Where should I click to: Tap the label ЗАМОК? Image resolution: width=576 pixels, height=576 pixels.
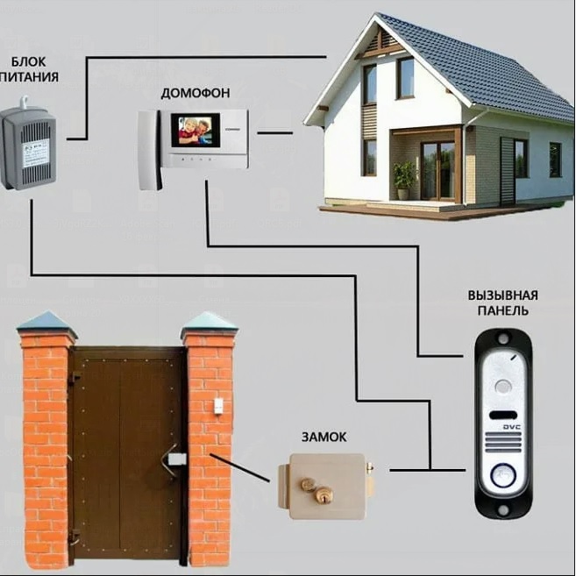pos(324,435)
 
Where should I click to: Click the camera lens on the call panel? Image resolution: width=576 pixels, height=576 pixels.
pos(502,386)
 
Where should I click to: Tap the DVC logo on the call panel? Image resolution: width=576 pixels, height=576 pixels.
pos(511,428)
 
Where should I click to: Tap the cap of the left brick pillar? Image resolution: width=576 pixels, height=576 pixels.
pos(46,324)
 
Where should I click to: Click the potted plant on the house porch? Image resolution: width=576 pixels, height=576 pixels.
pos(404,180)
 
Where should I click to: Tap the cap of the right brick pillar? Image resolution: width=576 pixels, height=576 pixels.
pos(210,324)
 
